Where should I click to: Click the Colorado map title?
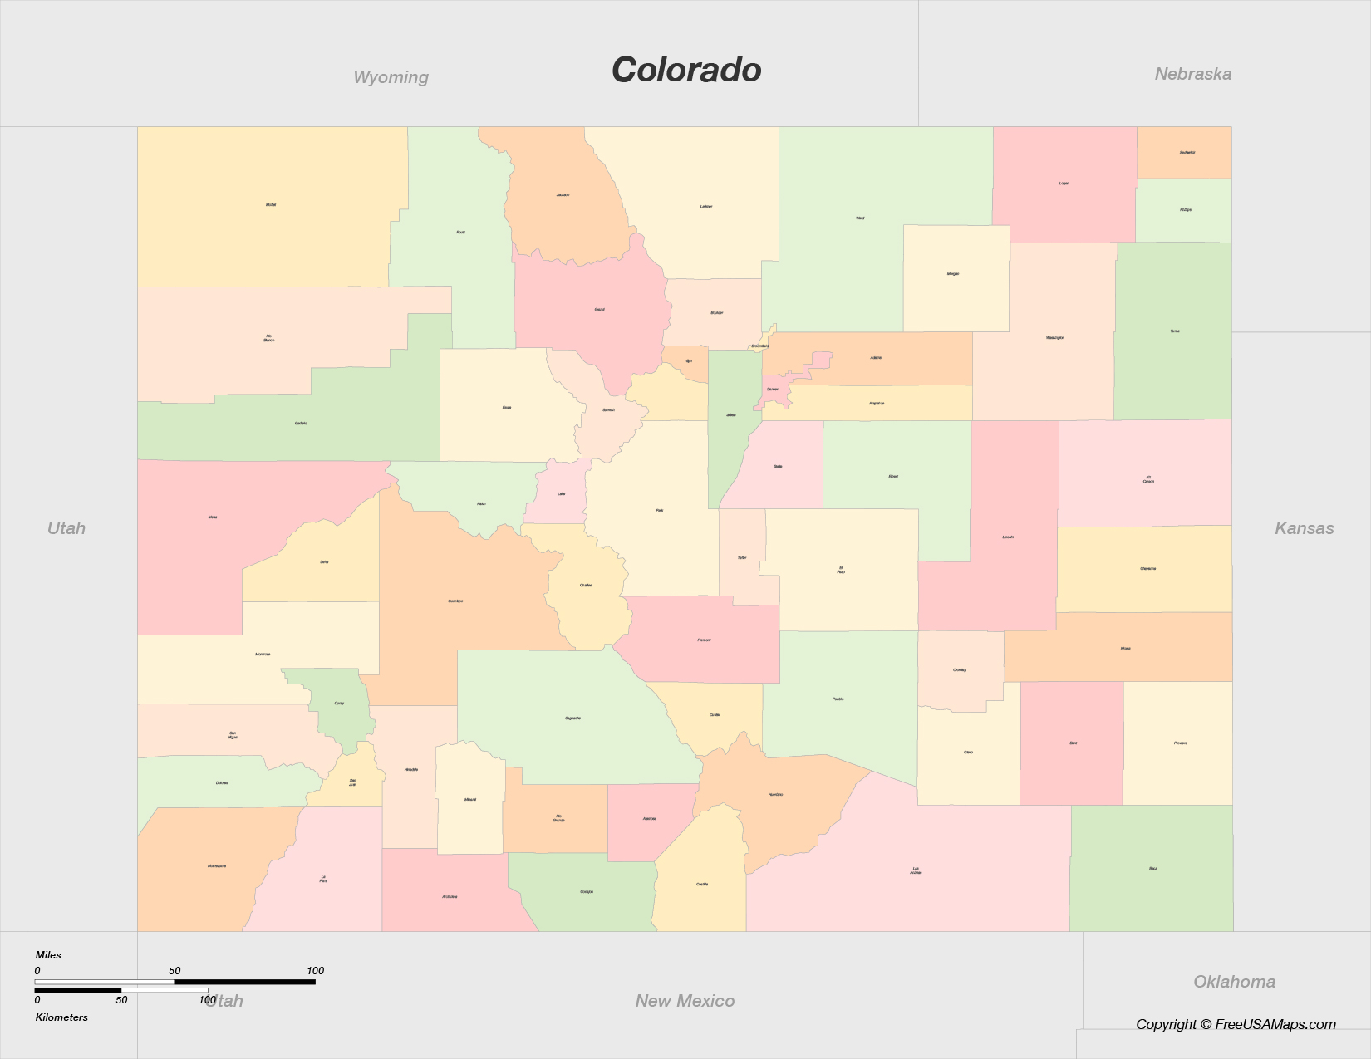click(x=686, y=70)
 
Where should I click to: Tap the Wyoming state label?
click(x=391, y=77)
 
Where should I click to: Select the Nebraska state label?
click(x=1192, y=74)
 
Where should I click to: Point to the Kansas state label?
click(x=1304, y=528)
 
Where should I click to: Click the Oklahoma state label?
click(x=1234, y=982)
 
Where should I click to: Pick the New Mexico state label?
click(x=685, y=1001)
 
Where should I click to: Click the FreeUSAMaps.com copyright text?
click(x=1236, y=1024)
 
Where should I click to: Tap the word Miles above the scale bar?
click(x=48, y=955)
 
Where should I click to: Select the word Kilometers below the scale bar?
click(x=61, y=1017)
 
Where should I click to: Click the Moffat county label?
click(x=271, y=204)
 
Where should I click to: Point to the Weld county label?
click(x=860, y=218)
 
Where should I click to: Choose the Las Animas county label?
click(x=916, y=870)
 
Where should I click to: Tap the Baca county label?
click(x=1153, y=869)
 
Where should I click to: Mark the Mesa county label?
click(x=213, y=517)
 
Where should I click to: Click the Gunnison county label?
click(x=455, y=601)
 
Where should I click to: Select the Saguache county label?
click(x=572, y=718)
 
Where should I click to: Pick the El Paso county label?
click(x=841, y=570)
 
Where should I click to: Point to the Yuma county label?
click(x=1175, y=331)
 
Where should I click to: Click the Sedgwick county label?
click(x=1187, y=153)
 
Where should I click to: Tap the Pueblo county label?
click(x=838, y=699)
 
